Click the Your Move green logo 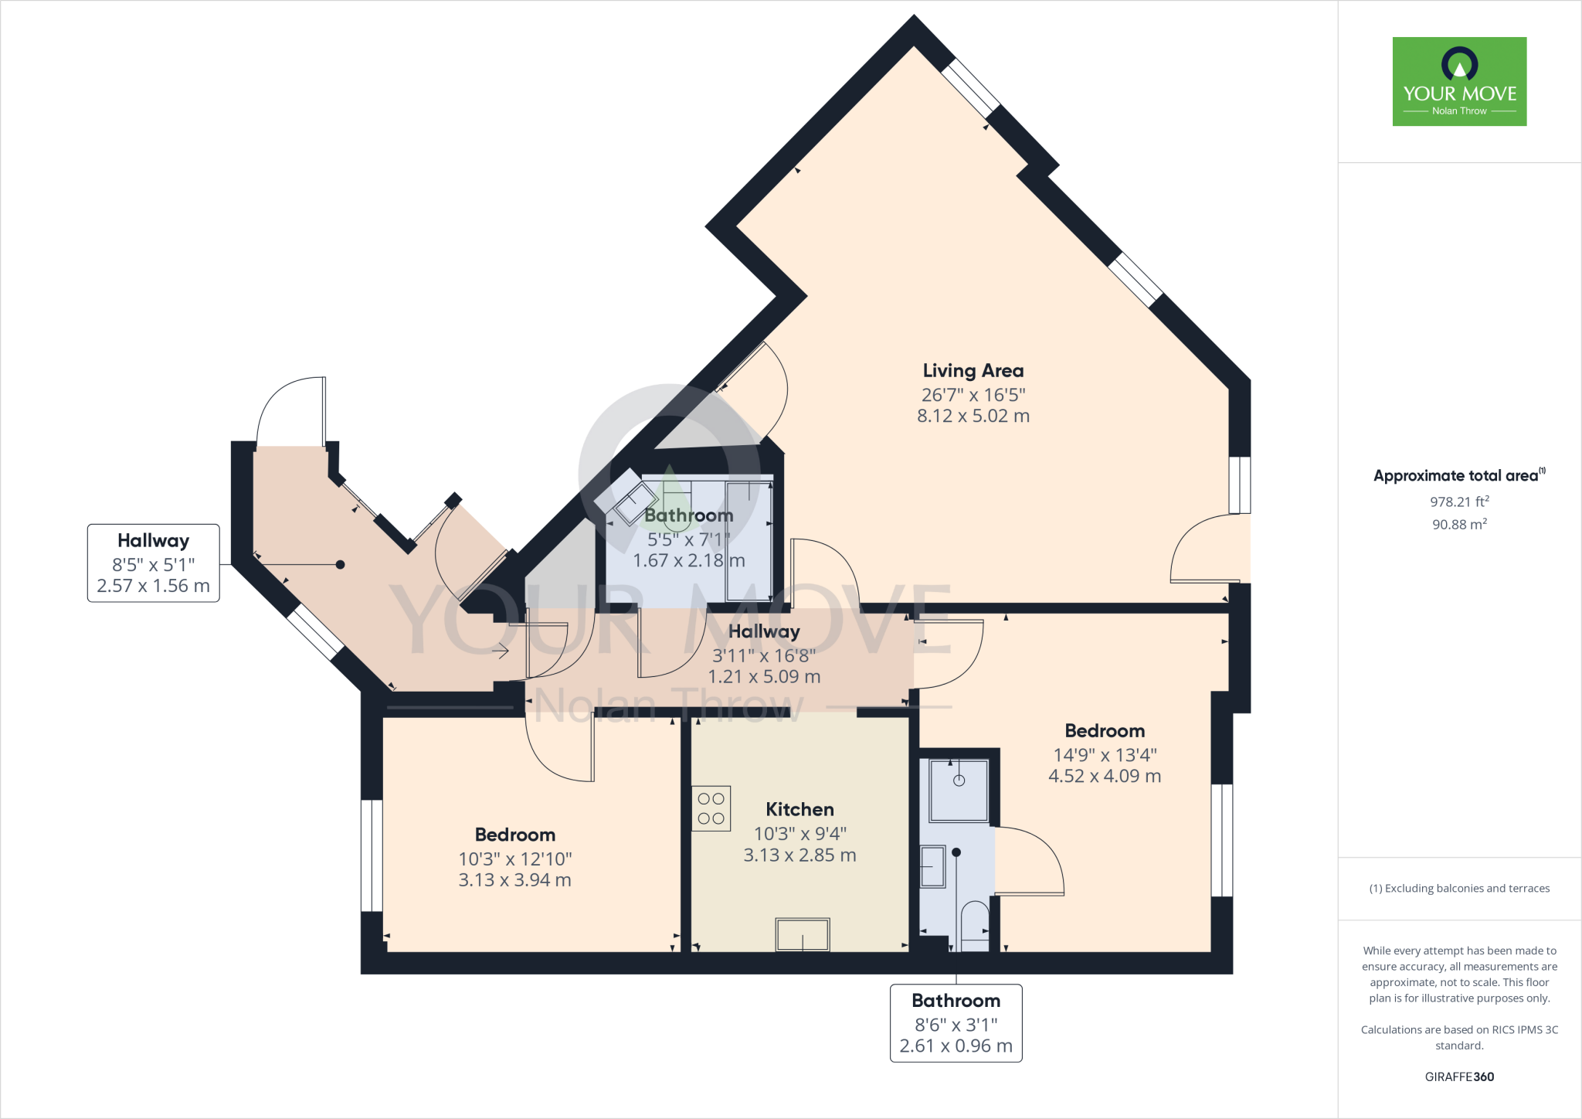[x=1459, y=81]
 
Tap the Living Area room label [x=973, y=371]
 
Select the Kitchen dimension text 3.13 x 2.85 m [x=799, y=855]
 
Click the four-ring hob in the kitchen [x=711, y=808]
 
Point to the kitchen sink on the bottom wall [x=803, y=935]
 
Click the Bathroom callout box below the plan [x=956, y=1022]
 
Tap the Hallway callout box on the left [x=153, y=563]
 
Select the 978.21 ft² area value [x=1458, y=502]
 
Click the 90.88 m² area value [x=1458, y=524]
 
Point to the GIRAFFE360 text [x=1458, y=1076]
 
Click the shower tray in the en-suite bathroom [x=959, y=790]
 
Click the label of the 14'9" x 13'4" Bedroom [x=1105, y=731]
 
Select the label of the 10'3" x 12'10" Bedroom [x=514, y=835]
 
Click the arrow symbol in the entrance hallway [x=501, y=651]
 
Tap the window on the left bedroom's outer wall [x=372, y=855]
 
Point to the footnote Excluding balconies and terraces [x=1458, y=889]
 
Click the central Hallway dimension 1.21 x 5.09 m [x=764, y=677]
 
